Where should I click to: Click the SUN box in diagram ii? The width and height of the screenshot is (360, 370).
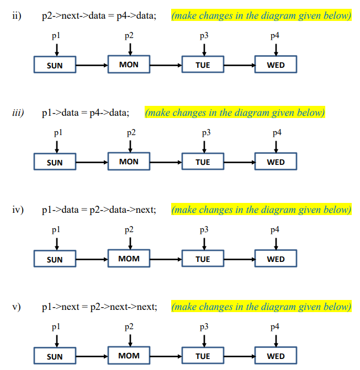[55, 66]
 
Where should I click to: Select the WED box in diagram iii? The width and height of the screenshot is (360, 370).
[276, 162]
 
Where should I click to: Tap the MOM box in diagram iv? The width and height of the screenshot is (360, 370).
[129, 259]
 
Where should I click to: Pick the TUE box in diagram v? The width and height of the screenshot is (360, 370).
[203, 356]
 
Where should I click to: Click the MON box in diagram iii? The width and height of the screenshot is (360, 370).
[129, 162]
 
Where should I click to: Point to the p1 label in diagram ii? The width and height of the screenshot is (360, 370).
[56, 36]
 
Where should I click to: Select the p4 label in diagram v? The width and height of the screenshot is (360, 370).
[275, 327]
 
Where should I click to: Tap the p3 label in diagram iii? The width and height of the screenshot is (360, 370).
[205, 133]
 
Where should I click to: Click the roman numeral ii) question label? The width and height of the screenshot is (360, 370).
[17, 15]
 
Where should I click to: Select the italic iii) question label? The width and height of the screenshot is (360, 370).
[18, 112]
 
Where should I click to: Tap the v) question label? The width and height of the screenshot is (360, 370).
[16, 307]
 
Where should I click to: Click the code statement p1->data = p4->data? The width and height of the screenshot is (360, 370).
[86, 113]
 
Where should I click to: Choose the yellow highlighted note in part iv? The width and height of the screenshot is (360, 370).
[261, 210]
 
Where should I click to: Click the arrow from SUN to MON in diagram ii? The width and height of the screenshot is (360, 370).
[91, 66]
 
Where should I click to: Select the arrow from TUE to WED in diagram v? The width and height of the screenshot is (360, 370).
[239, 356]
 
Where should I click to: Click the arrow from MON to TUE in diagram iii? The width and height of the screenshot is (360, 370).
[166, 162]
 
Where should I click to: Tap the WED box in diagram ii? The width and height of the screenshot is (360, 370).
[276, 65]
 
